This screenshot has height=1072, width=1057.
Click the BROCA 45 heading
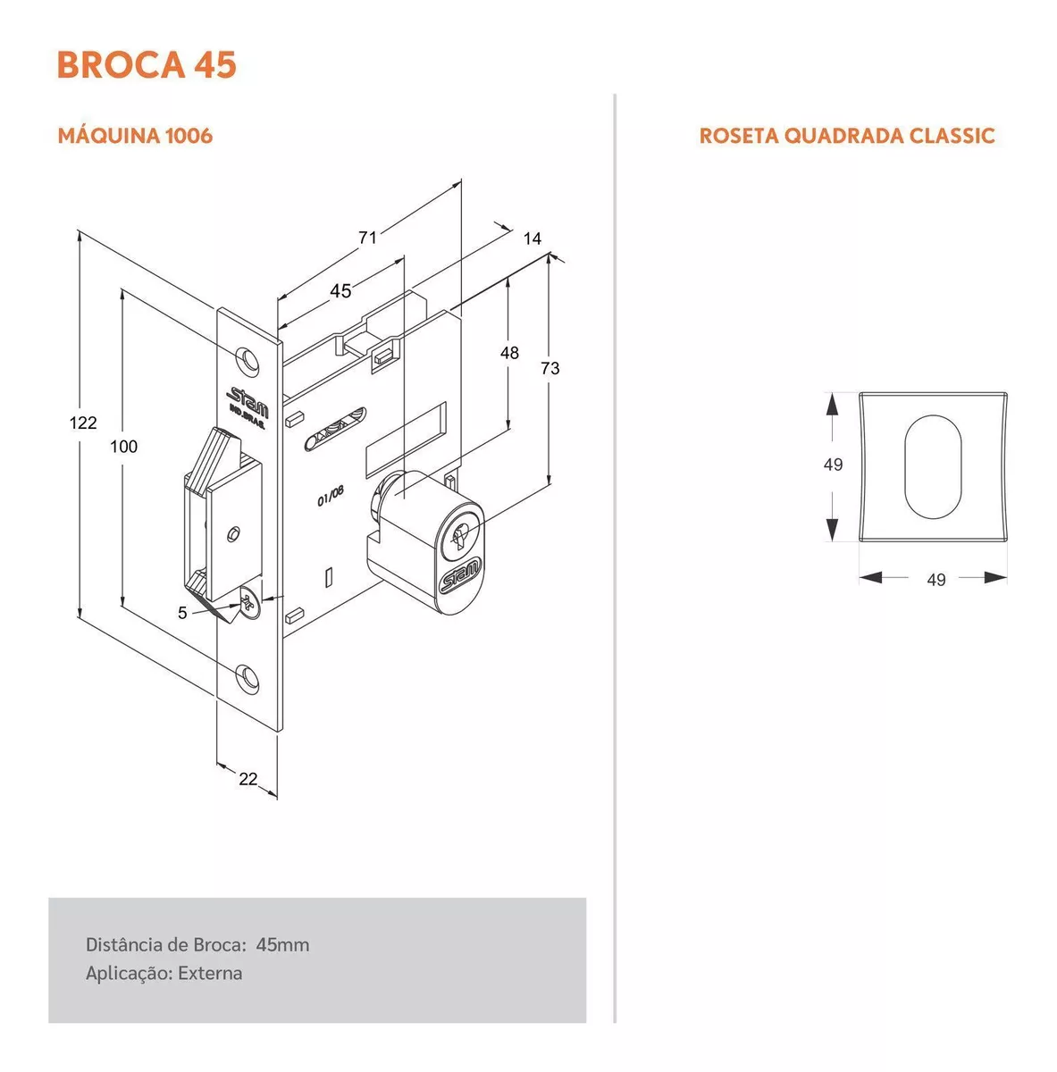click(x=147, y=64)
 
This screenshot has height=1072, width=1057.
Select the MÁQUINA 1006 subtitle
click(x=135, y=136)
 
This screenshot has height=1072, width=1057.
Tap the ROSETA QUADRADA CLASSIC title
click(x=847, y=136)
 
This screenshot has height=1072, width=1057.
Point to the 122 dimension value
click(x=83, y=423)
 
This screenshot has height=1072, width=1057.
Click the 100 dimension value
click(x=123, y=446)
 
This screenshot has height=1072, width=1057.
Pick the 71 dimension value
click(x=367, y=238)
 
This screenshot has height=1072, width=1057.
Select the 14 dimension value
click(x=533, y=239)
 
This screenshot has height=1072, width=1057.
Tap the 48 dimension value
click(x=509, y=353)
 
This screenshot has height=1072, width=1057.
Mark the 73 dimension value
click(x=549, y=368)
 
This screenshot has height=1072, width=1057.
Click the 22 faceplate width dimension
click(x=247, y=779)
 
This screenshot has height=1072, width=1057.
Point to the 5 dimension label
click(x=182, y=613)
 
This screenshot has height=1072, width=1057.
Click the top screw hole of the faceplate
click(x=248, y=360)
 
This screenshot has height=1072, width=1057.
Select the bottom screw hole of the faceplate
click(x=248, y=678)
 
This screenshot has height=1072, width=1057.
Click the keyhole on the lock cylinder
click(x=460, y=534)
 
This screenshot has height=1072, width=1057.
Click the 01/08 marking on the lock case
click(x=331, y=496)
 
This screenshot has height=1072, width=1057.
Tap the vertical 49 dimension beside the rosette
click(x=833, y=465)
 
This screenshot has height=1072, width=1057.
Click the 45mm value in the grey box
click(x=282, y=944)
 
